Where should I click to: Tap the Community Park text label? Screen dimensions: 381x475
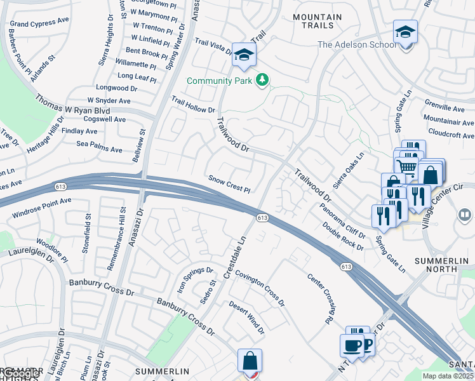[220, 81]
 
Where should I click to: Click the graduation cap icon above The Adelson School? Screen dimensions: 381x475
[405, 31]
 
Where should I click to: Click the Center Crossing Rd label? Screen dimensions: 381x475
[320, 297]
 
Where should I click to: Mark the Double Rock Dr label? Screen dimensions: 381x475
[342, 236]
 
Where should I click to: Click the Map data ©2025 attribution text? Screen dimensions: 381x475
[447, 376]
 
